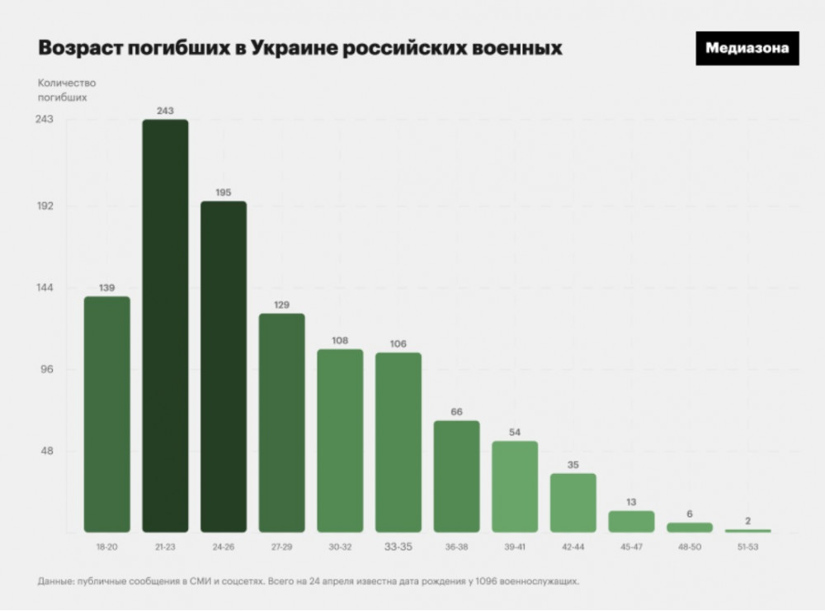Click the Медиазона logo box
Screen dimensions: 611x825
click(x=747, y=48)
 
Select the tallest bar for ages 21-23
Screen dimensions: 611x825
click(x=165, y=325)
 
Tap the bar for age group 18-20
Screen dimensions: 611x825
click(x=107, y=414)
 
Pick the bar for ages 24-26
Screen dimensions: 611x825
click(x=224, y=367)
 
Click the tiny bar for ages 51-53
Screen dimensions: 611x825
click(x=747, y=531)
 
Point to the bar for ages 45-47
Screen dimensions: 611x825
click(x=631, y=521)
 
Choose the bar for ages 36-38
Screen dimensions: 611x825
click(x=456, y=476)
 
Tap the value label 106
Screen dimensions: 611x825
click(x=398, y=343)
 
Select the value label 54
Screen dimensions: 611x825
click(x=515, y=432)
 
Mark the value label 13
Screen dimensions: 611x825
click(x=631, y=501)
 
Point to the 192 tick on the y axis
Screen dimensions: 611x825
click(x=45, y=206)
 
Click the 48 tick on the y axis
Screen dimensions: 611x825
click(x=48, y=452)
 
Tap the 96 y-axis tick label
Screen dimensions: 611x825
click(x=48, y=369)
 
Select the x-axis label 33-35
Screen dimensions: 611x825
click(x=398, y=546)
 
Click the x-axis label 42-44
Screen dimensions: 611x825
click(x=573, y=547)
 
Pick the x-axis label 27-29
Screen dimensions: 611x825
click(x=282, y=547)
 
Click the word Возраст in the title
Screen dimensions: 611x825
click(x=78, y=48)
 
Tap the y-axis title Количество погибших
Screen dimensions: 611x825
click(x=67, y=90)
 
